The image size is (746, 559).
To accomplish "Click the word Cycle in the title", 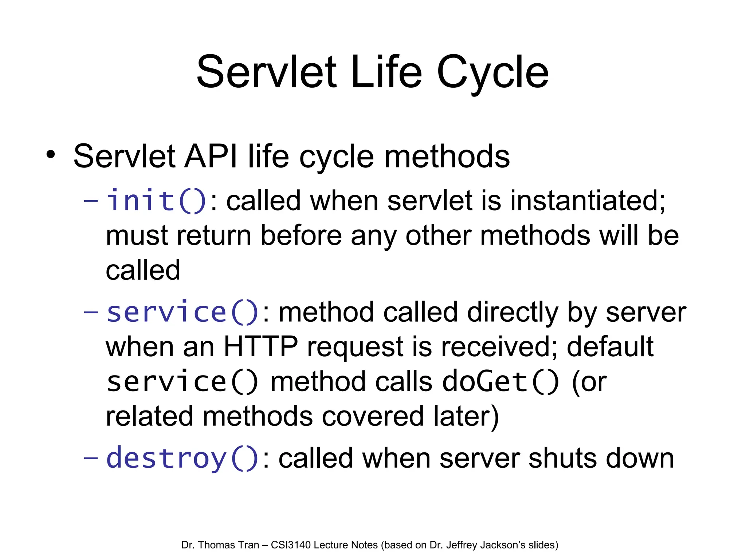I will click(x=492, y=73).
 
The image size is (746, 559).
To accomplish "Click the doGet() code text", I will click(x=500, y=382).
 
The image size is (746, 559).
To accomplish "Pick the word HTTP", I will click(x=260, y=347).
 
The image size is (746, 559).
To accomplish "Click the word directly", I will click(x=513, y=313).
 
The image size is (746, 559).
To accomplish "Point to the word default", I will click(x=610, y=347).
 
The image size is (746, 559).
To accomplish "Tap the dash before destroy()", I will click(x=91, y=458).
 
